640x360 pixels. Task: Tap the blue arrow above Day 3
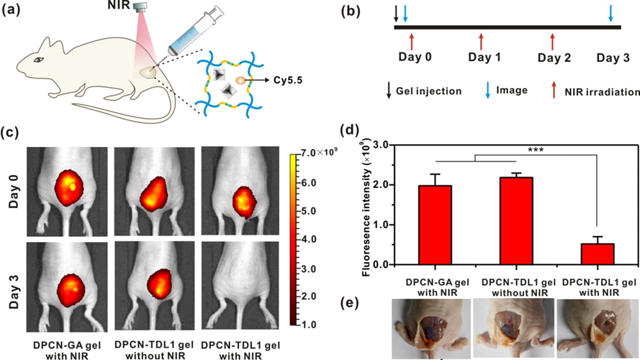pos(611,14)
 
